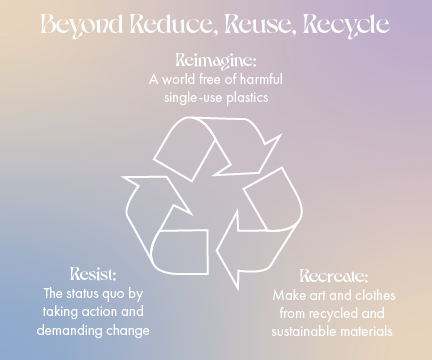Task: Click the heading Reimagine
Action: tap(215, 58)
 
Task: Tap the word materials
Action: tap(369, 331)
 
